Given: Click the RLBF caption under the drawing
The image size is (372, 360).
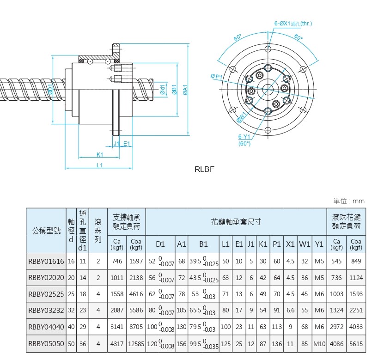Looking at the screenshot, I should [x=205, y=169].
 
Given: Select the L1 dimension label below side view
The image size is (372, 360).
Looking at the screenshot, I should [x=99, y=165].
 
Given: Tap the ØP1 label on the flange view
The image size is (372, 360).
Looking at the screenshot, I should [x=217, y=76].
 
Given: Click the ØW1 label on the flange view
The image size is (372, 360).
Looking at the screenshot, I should [x=241, y=117].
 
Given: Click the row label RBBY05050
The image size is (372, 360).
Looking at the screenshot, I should [x=46, y=344].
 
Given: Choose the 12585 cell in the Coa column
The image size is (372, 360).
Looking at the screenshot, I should [x=136, y=344].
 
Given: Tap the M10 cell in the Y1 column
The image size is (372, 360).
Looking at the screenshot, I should [x=319, y=344].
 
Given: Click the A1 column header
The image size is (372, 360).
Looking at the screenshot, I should [x=182, y=244].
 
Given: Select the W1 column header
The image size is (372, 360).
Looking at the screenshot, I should [x=305, y=244].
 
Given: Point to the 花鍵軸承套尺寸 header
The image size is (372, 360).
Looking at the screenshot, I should [x=236, y=222].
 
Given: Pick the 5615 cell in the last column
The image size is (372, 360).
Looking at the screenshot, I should [x=355, y=344].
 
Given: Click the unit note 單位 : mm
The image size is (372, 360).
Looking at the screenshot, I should [x=349, y=201].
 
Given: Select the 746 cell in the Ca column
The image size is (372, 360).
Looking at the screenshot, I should [x=117, y=261].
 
